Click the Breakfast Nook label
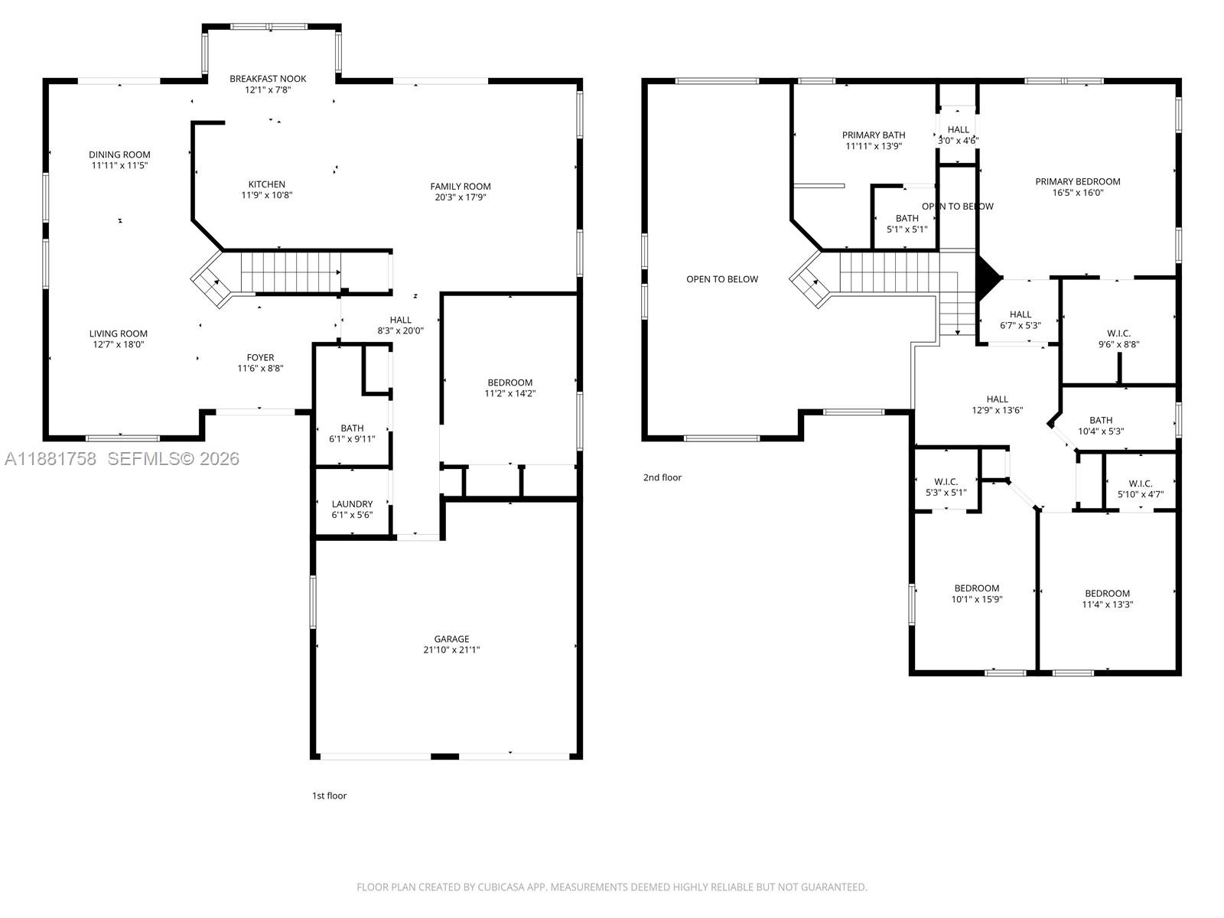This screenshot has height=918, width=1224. (x=268, y=79)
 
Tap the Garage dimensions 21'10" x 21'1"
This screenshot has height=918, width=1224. (x=451, y=649)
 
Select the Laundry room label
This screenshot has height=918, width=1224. (x=352, y=504)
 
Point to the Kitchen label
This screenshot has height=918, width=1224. (x=266, y=184)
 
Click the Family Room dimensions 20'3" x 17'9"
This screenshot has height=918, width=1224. (x=460, y=197)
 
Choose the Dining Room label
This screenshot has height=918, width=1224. (x=119, y=155)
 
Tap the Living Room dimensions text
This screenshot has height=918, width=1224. (x=119, y=344)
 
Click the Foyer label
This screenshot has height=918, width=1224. (x=260, y=357)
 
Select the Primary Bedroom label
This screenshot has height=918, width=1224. (x=1077, y=181)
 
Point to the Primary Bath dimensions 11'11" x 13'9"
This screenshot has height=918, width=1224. (x=874, y=146)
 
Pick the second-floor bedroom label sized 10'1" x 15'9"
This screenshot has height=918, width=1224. (x=976, y=588)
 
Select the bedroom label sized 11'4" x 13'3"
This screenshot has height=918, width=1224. (x=1107, y=593)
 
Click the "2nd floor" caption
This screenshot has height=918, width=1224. (x=662, y=477)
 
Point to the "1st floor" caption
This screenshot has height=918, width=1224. (x=329, y=796)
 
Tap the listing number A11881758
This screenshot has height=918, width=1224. (x=50, y=459)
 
